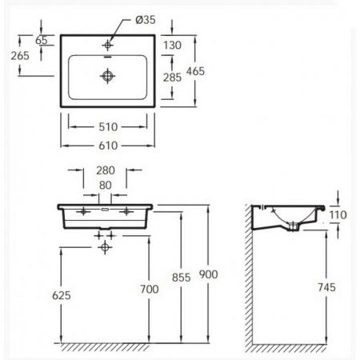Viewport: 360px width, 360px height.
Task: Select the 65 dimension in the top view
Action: [42, 40]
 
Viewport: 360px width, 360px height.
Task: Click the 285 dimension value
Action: [172, 78]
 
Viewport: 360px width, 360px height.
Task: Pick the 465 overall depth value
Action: [196, 71]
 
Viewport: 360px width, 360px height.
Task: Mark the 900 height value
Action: [209, 274]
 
